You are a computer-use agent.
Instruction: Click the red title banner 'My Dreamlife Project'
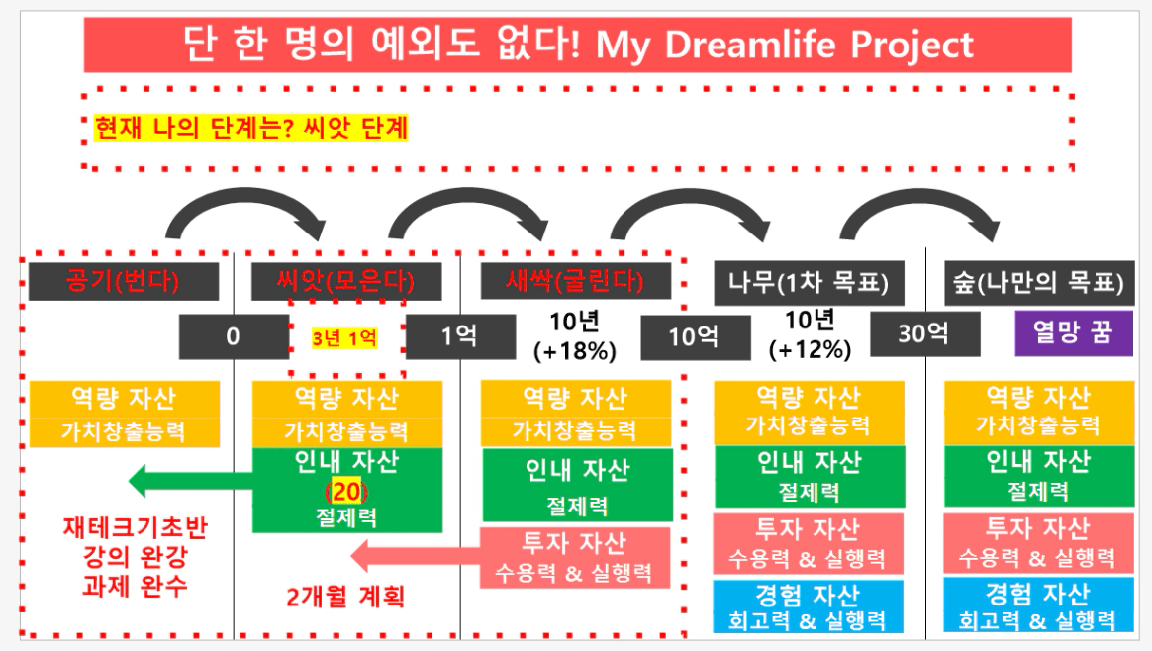(577, 45)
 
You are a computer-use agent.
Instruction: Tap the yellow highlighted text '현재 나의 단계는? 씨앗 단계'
(250, 128)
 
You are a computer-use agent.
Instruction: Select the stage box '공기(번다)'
(124, 281)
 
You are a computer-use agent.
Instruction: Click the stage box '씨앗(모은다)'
(346, 281)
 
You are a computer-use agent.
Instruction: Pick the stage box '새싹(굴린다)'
(575, 281)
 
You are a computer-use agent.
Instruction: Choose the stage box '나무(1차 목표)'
(809, 283)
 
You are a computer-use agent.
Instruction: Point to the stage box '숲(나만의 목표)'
(1038, 283)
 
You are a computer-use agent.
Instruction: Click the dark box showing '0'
(234, 336)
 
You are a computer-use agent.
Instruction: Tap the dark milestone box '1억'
(460, 336)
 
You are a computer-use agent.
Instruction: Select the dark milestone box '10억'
(695, 337)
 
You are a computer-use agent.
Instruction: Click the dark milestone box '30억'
(925, 333)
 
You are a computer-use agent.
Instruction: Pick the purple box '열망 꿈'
(1074, 332)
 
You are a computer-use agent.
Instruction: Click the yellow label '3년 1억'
(344, 338)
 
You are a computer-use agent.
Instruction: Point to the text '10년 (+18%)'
(575, 335)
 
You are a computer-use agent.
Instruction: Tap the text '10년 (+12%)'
(811, 334)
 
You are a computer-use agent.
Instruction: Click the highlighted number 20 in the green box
(346, 491)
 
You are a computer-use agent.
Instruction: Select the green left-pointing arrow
(191, 481)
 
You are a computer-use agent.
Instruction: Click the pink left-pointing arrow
(416, 556)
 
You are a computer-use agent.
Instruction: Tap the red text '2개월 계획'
(345, 596)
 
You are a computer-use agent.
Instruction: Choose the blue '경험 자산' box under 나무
(809, 606)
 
